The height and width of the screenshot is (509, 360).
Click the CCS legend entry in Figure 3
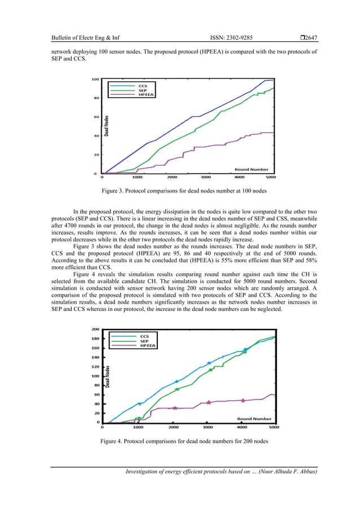(142, 86)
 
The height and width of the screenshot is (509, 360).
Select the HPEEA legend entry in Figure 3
(144, 95)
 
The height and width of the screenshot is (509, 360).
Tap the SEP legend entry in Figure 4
(144, 341)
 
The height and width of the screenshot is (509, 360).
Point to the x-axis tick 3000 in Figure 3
(207, 178)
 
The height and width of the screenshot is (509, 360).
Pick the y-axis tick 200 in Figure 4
(96, 329)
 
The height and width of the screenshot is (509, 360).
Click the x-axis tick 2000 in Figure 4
(173, 427)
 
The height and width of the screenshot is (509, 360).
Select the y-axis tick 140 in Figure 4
(96, 357)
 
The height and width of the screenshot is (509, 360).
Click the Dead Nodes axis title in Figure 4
(107, 376)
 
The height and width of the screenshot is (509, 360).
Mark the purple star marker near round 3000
(208, 402)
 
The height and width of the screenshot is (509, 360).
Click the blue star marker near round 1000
(140, 404)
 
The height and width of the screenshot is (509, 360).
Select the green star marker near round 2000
(177, 389)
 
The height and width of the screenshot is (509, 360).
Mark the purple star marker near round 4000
(243, 400)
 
